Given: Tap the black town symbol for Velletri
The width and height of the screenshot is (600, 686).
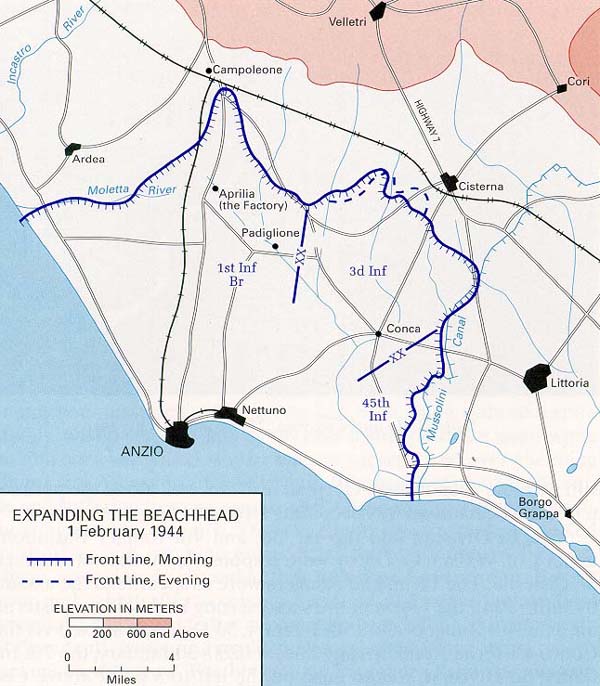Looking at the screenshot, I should click(x=378, y=12).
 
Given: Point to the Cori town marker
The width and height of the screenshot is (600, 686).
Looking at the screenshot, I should click(x=562, y=88).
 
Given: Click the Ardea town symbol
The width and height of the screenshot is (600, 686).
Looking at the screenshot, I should click(x=72, y=149).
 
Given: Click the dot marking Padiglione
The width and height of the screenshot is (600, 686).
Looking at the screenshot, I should click(x=276, y=245).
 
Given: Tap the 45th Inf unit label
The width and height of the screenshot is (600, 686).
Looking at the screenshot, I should click(x=375, y=408).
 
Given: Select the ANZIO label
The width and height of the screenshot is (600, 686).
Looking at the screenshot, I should click(x=140, y=451).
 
